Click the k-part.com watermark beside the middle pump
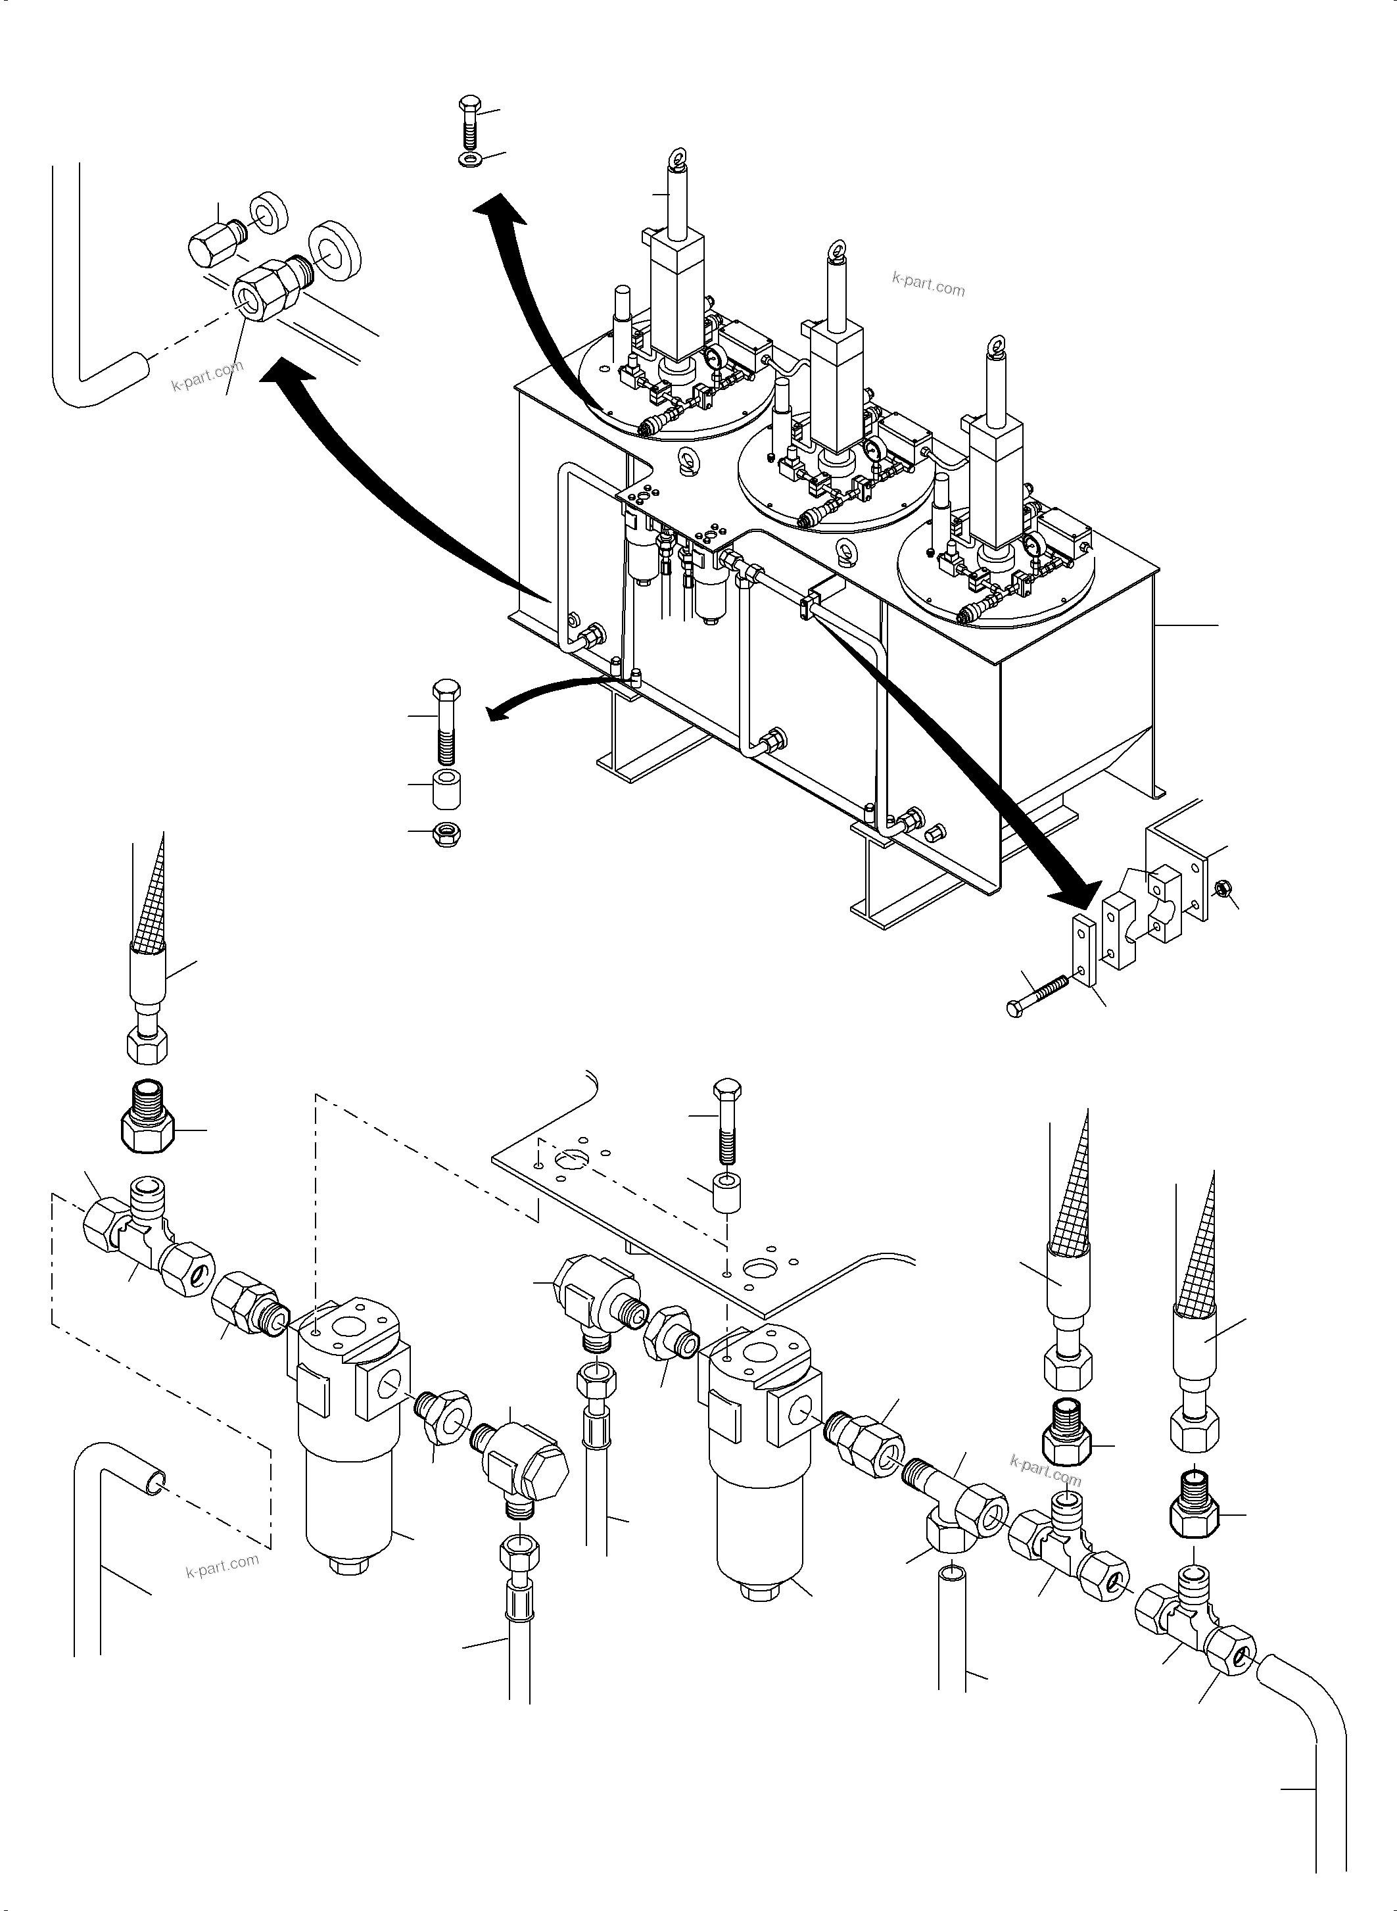click(x=928, y=283)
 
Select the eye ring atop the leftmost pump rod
click(x=677, y=158)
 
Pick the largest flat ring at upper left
click(x=335, y=249)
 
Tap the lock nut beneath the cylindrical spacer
click(x=445, y=833)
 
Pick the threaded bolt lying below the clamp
click(x=1040, y=992)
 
